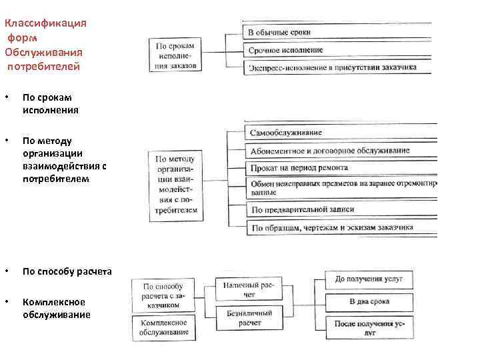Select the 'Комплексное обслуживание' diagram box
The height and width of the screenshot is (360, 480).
click(164, 327)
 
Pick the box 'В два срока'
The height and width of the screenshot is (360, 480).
click(368, 301)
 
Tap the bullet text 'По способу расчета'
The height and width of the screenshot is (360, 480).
click(67, 271)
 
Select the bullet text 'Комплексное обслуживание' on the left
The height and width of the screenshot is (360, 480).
click(56, 308)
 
